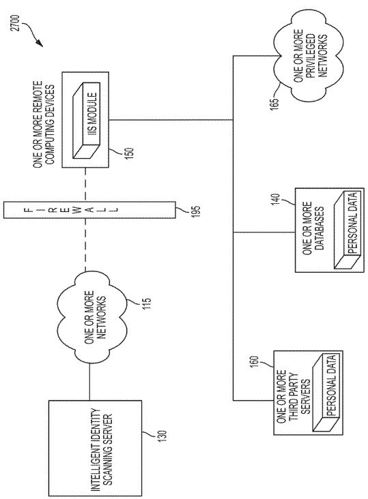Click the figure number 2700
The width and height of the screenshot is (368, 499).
16,23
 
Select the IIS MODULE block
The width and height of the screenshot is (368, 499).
86,120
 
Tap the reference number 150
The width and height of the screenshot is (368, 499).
130,153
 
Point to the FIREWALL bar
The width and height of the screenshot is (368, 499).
89,210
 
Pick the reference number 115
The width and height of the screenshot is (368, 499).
147,303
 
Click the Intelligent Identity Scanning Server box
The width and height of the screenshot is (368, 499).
95,448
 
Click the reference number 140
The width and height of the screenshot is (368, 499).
277,199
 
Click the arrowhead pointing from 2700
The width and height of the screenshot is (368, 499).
40,43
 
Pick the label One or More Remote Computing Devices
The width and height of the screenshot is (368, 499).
43,125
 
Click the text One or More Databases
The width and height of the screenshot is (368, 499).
313,228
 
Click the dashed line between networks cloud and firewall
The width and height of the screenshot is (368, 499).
85,245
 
